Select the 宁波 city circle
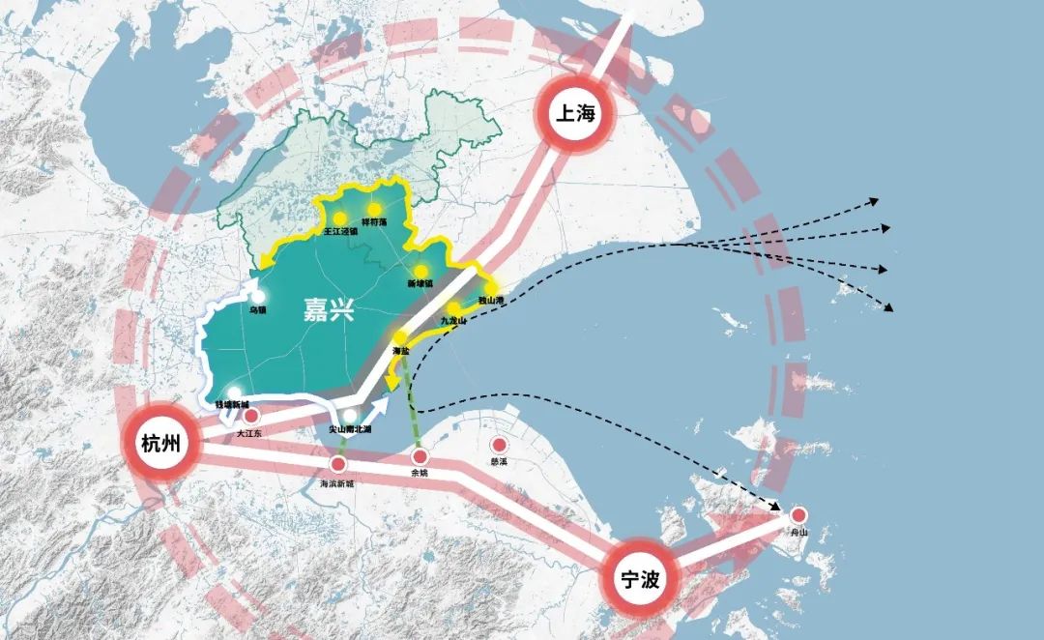point(640,579)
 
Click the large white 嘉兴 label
point(330,310)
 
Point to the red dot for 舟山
point(798,516)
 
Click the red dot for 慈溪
point(500,445)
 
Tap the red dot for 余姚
point(420,455)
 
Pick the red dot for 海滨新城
point(338,465)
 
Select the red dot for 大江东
point(251,417)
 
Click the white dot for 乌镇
point(259,297)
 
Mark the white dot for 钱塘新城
point(234,393)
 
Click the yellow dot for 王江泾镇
point(340,218)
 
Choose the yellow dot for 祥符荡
point(374,209)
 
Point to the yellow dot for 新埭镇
point(420,271)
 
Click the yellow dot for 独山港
point(491,288)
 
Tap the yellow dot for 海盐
point(399,336)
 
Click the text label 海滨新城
point(337,481)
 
